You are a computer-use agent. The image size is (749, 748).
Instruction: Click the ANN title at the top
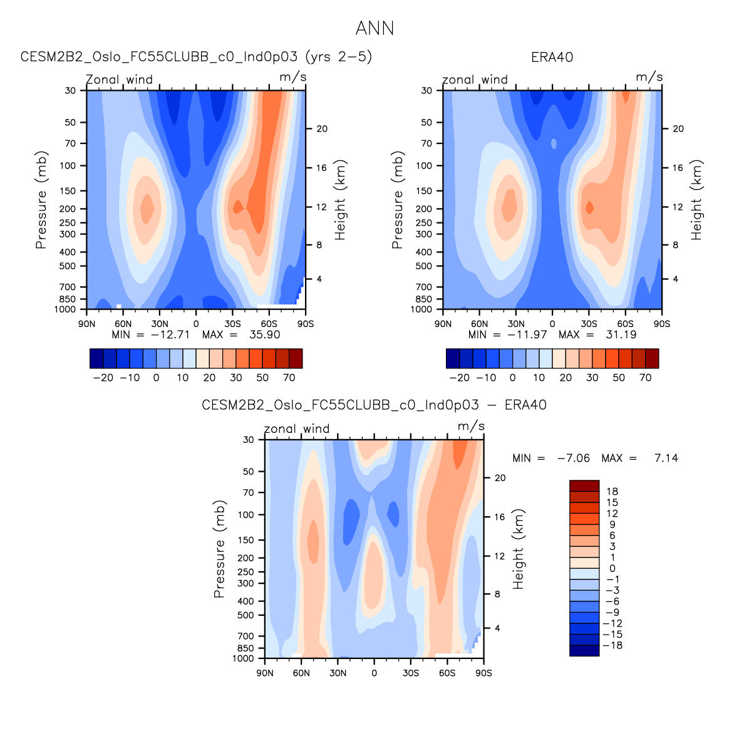tap(374, 28)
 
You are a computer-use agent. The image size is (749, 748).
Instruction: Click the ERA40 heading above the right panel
tap(552, 58)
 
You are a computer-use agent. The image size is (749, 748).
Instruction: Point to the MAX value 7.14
tap(666, 458)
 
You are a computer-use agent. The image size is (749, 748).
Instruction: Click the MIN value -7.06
tap(573, 458)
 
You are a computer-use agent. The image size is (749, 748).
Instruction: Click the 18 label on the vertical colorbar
tap(612, 492)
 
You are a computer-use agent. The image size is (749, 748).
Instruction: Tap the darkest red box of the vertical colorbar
tap(584, 486)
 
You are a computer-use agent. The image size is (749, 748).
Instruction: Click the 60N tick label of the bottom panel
tap(301, 673)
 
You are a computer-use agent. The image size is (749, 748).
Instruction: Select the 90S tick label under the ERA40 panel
tap(661, 324)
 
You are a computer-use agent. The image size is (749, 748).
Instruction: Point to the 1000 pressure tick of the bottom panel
tap(244, 658)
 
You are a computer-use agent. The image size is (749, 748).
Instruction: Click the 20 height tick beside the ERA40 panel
tap(678, 129)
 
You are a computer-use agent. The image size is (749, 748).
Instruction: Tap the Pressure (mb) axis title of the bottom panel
tap(219, 549)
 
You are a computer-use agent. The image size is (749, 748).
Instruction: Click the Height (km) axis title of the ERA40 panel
tap(697, 200)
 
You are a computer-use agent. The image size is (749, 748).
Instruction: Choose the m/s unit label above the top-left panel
tap(292, 77)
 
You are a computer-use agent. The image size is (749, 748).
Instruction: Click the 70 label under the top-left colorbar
tap(289, 378)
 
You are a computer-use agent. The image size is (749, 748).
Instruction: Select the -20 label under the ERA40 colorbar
tap(459, 378)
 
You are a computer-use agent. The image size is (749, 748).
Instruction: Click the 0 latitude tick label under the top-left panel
tap(196, 324)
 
